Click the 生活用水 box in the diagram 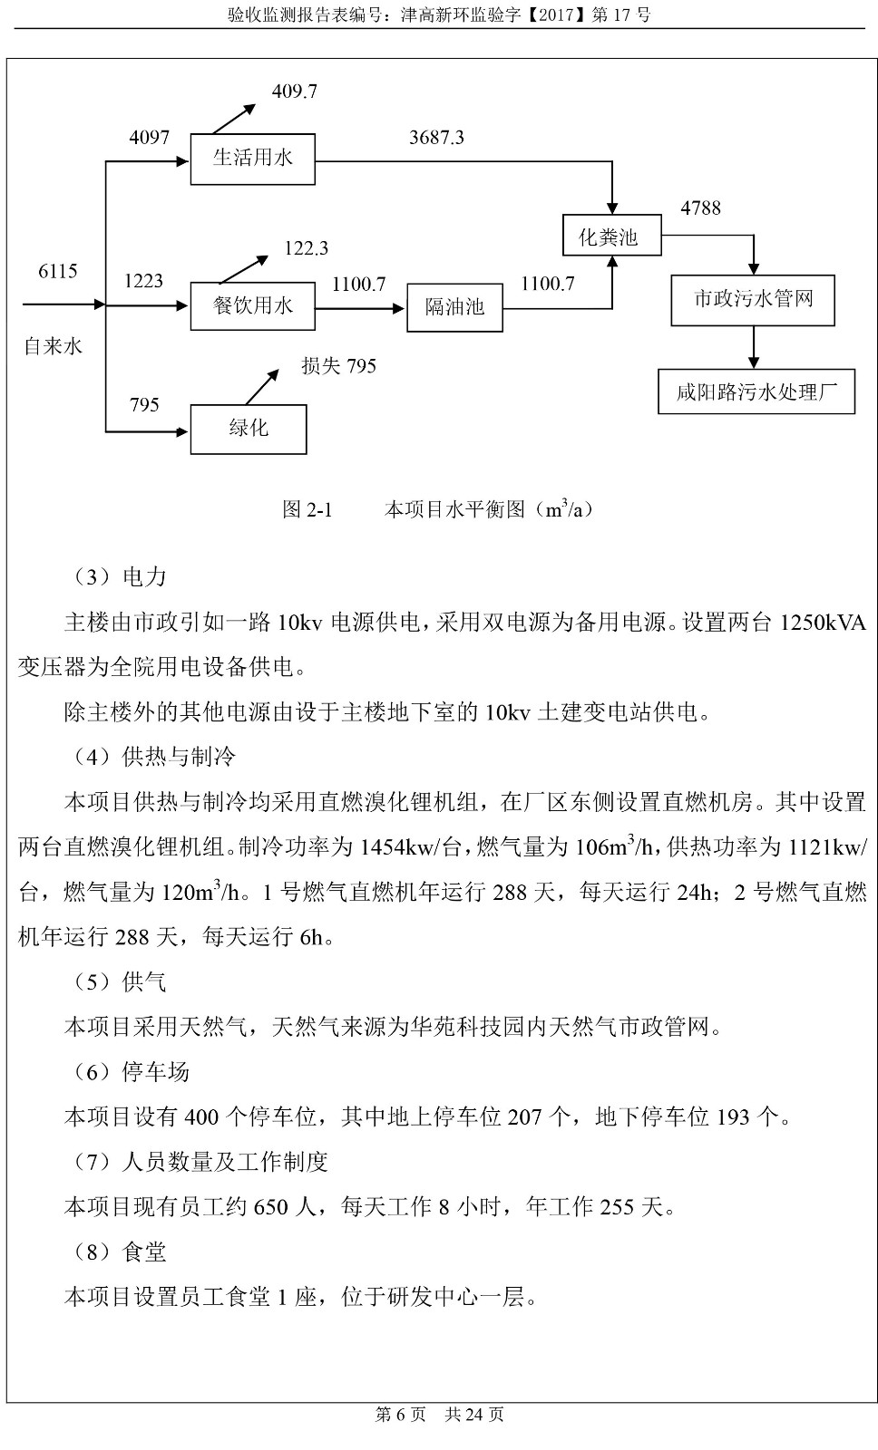(252, 159)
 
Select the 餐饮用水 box (252, 306)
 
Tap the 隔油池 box (454, 307)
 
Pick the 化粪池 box (611, 237)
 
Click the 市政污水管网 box (752, 300)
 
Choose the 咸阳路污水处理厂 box (756, 392)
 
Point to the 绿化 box (248, 429)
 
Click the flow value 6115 (57, 272)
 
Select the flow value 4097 (149, 138)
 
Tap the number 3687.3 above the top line (436, 138)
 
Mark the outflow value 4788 (700, 208)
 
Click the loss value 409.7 (294, 92)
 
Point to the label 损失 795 (338, 366)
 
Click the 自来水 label (53, 346)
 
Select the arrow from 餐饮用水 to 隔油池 (360, 308)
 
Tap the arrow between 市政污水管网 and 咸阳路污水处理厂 (753, 346)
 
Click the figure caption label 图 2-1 (307, 510)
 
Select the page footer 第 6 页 (400, 1415)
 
